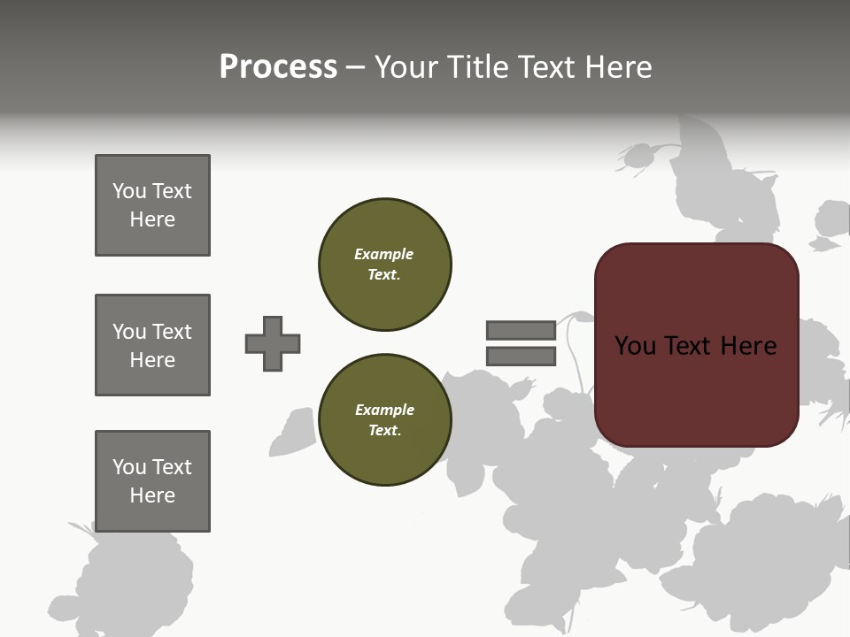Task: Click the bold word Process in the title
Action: [278, 67]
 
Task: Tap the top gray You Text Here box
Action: [152, 205]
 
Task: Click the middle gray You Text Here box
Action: [152, 345]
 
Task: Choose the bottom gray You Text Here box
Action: [152, 481]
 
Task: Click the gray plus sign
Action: [273, 343]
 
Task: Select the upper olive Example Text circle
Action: [384, 264]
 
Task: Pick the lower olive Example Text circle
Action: [384, 419]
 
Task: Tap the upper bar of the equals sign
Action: [521, 330]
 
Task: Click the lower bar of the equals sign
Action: [521, 357]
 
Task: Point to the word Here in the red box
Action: [748, 346]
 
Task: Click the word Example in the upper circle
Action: [383, 254]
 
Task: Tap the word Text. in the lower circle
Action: [384, 430]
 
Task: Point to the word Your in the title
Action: [408, 67]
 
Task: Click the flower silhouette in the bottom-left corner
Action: [133, 584]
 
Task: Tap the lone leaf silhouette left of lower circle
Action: [293, 432]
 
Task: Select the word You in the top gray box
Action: [128, 191]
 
